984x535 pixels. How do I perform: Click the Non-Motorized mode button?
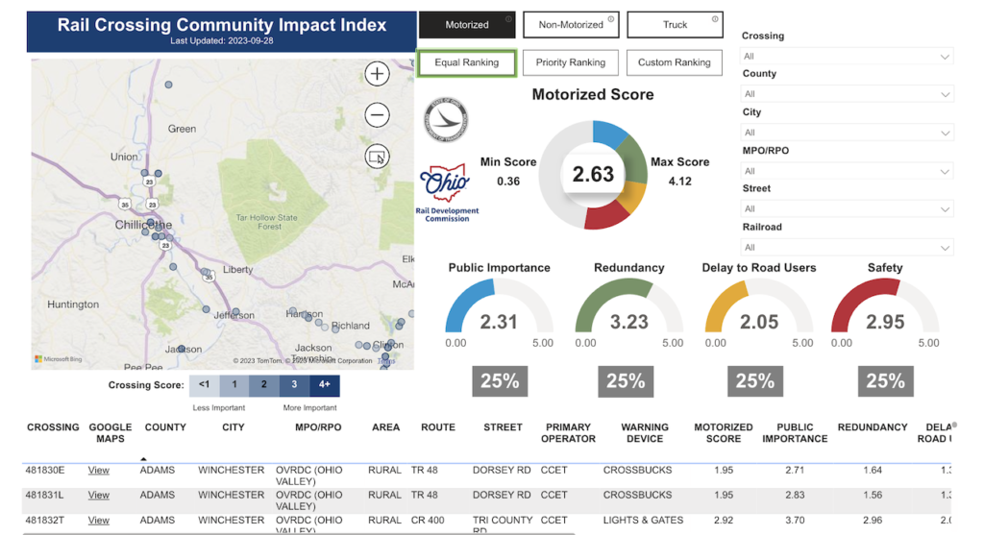click(x=571, y=25)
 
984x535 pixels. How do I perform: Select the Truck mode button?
click(x=675, y=25)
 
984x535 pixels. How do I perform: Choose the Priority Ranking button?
click(x=571, y=62)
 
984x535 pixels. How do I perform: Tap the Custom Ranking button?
click(x=675, y=62)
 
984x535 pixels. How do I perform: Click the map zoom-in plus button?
click(x=377, y=74)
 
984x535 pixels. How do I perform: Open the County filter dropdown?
click(x=847, y=94)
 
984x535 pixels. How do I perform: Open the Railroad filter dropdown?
click(x=847, y=247)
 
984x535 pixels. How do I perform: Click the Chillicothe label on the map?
click(x=143, y=224)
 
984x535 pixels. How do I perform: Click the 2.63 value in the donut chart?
click(x=593, y=174)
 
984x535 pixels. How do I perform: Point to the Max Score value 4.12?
click(x=679, y=181)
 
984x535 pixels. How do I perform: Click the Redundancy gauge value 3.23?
click(x=628, y=323)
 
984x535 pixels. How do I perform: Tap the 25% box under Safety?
click(x=885, y=381)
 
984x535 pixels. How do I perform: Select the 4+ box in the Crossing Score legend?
click(x=324, y=385)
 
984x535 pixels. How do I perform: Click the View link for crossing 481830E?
click(x=99, y=471)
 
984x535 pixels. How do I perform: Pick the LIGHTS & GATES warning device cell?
click(x=643, y=520)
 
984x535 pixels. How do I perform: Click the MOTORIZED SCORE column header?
click(x=723, y=432)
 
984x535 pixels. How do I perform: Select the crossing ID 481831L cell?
click(x=46, y=495)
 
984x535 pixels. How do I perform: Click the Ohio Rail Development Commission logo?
click(x=447, y=192)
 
